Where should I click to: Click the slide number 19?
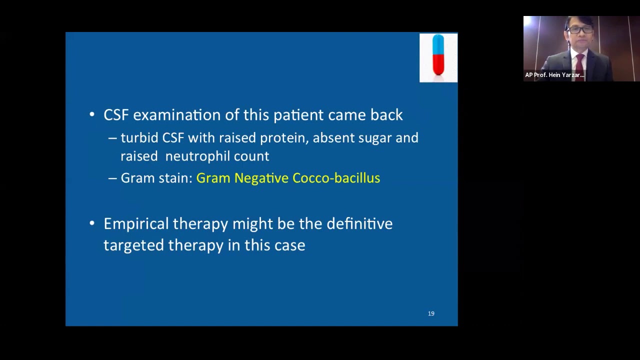coord(431,313)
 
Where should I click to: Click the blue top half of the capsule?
coord(438,44)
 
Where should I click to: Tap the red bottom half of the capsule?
coord(438,65)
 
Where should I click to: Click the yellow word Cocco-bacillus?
coord(336,178)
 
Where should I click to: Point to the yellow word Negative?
coord(261,178)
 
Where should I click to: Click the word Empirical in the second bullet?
coord(136,224)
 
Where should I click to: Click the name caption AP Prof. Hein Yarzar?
coord(554,75)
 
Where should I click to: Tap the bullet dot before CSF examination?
coord(92,115)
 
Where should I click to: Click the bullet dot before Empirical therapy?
coord(92,223)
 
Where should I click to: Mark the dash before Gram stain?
coord(112,178)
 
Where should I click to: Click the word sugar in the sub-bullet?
coord(375,138)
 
